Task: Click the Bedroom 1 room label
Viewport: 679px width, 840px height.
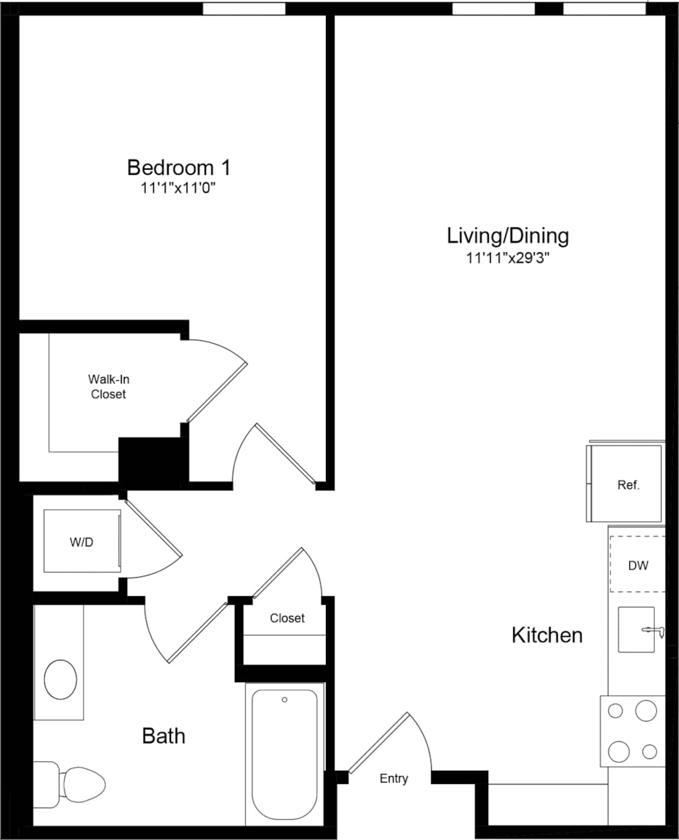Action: [x=179, y=167]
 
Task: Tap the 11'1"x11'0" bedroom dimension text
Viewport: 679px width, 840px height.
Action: [x=178, y=188]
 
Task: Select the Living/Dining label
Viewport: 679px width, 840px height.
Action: [x=508, y=236]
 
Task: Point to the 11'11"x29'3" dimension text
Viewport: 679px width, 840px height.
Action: [x=508, y=258]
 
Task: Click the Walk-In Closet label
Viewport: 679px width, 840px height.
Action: [x=108, y=387]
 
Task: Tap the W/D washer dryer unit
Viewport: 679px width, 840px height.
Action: [x=82, y=541]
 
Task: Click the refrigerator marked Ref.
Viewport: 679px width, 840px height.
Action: [x=625, y=484]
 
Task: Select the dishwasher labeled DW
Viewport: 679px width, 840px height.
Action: [x=638, y=565]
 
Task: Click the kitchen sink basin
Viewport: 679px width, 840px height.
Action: [x=635, y=630]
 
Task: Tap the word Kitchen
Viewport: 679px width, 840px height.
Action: [x=547, y=635]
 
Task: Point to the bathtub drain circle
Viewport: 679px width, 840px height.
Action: [x=285, y=700]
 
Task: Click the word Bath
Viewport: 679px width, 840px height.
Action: [x=164, y=736]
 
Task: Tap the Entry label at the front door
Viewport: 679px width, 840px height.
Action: [x=393, y=778]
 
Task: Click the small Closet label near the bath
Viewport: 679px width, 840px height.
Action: [x=287, y=618]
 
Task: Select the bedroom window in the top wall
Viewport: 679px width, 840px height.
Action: [x=244, y=8]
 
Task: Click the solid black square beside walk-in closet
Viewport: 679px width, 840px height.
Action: [x=150, y=459]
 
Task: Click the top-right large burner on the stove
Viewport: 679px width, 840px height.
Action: [x=646, y=710]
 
